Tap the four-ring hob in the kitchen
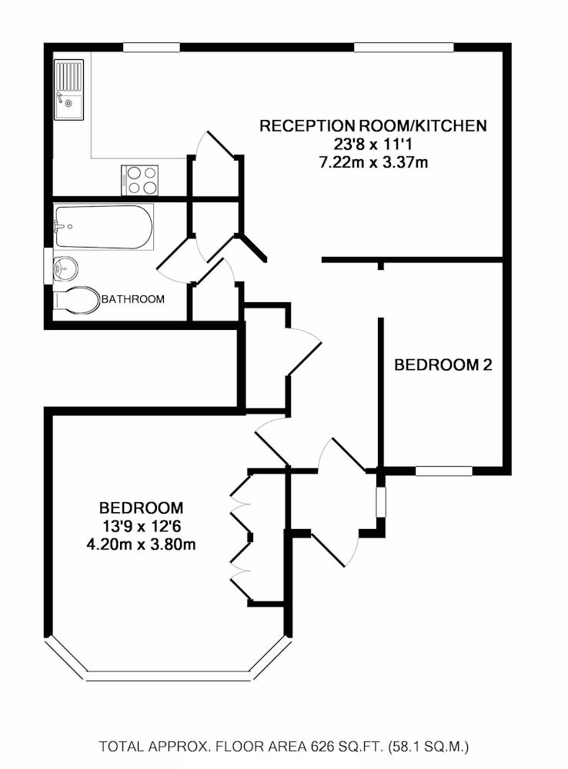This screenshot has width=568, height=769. pos(139,180)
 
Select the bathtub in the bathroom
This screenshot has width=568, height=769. pos(103,226)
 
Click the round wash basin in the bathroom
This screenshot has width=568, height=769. pos(66,268)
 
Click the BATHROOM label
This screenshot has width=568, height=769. pos(133,299)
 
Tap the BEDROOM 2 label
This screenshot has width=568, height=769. pos(443,365)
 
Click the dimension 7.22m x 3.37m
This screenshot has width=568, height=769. pos(373,162)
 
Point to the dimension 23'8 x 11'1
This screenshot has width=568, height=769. pos(373,145)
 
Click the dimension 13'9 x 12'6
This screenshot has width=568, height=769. pos(142,527)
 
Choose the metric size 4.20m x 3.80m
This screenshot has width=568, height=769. pos(142,545)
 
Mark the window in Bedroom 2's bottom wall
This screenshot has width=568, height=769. pos(443,471)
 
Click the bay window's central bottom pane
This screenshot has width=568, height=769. pos(168,676)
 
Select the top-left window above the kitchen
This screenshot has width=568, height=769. pos(152,48)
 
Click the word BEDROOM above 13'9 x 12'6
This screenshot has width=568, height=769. pos(142,508)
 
